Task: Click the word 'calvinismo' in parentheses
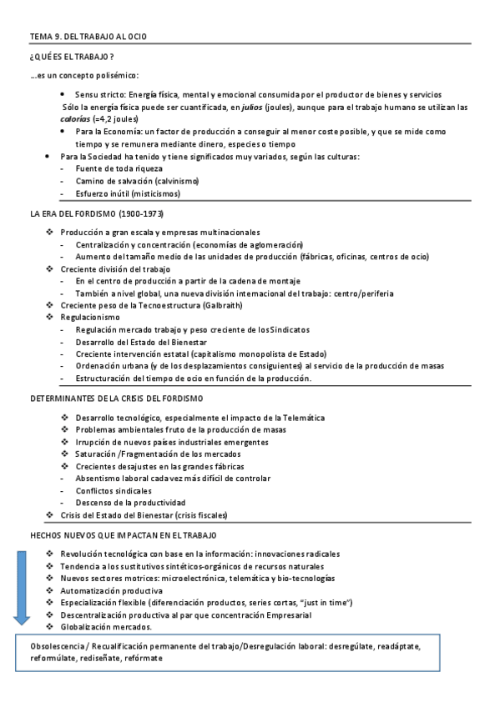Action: pos(172,181)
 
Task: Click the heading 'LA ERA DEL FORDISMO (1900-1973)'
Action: pos(96,214)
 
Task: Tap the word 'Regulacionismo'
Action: pos(90,317)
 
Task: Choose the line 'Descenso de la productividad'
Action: pos(130,503)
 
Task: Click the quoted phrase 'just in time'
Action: pos(328,602)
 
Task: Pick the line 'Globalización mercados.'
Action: pos(106,627)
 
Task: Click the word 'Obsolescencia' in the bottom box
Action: pos(55,646)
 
